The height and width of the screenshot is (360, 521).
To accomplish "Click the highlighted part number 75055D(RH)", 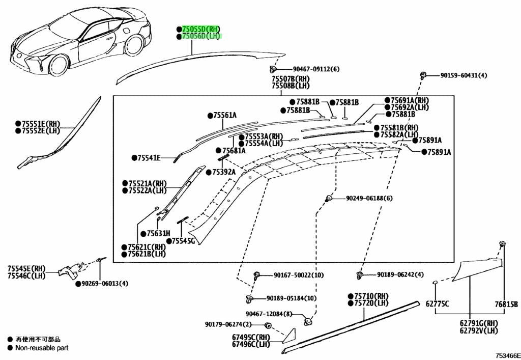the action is (200, 29).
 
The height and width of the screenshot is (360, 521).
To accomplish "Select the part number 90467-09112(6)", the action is (316, 69).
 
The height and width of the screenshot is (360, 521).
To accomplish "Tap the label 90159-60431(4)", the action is (464, 75).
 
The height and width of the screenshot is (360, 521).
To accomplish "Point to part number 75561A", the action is (224, 116).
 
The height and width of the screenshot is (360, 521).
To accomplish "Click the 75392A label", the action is (224, 172).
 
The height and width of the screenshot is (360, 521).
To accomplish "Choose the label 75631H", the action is (159, 234).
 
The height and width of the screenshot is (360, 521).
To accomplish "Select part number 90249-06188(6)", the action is (369, 198).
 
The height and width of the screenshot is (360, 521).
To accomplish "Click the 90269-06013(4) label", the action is (105, 284).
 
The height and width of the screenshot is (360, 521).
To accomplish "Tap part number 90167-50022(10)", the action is (299, 275).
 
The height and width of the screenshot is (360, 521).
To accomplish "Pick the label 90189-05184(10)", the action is (292, 298).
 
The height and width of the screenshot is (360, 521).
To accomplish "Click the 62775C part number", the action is (437, 304).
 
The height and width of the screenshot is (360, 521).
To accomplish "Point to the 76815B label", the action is (506, 304).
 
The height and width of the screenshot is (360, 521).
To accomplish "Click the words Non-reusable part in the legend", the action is (42, 348).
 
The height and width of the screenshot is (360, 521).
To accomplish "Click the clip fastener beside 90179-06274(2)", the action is (268, 325).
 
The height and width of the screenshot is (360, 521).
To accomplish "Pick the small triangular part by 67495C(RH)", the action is (290, 336).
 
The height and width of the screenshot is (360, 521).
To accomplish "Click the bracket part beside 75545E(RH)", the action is (70, 269).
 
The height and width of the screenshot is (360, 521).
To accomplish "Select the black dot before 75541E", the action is (134, 158).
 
